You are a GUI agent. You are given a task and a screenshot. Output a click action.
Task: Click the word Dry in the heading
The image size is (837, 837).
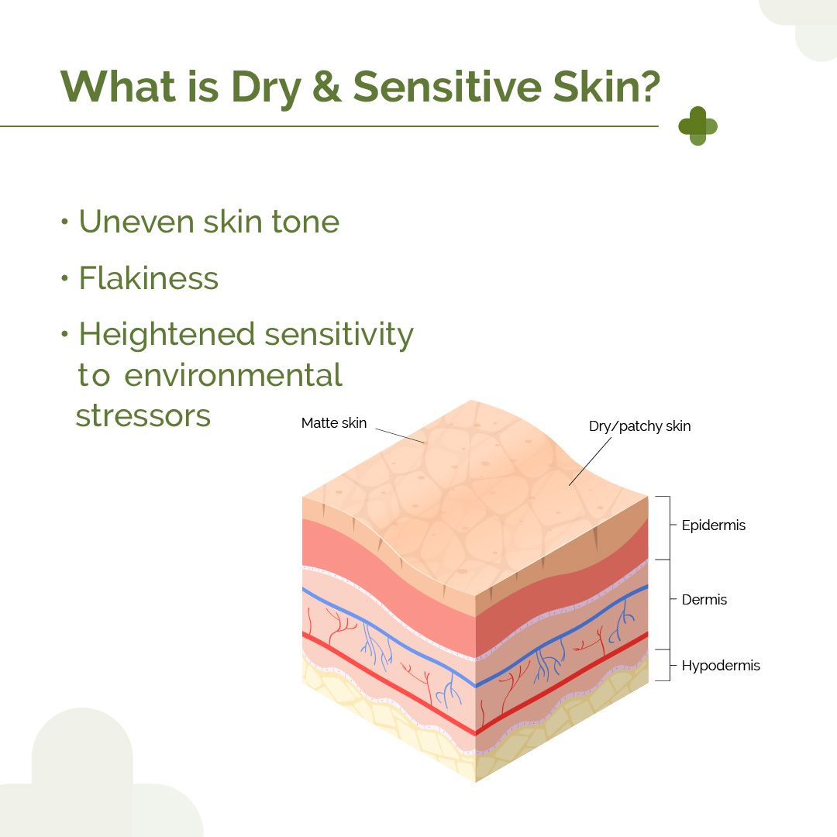pos(266,88)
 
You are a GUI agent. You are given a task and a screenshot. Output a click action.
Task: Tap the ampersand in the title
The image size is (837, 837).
pos(327,86)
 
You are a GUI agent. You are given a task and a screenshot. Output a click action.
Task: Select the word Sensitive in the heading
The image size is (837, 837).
pos(447,86)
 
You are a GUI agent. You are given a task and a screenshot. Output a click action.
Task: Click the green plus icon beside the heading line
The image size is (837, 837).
pos(697,126)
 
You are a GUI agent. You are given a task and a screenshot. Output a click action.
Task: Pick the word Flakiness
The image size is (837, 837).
pos(149,277)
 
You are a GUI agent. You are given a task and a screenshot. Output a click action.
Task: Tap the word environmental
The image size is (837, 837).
pos(233,375)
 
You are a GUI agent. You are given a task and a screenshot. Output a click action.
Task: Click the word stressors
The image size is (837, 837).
pos(143,416)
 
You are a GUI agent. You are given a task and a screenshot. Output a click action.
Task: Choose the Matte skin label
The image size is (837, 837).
pos(333,423)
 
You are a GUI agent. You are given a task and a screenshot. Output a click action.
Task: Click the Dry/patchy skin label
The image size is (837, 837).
pos(639,426)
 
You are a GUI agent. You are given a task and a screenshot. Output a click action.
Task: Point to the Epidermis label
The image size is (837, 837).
pos(713,525)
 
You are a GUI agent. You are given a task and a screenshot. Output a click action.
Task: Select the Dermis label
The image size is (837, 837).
pos(704,599)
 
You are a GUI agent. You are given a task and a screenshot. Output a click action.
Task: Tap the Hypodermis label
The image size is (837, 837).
pos(721,666)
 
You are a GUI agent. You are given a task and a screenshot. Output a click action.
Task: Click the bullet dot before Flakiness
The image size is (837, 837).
pos(64,277)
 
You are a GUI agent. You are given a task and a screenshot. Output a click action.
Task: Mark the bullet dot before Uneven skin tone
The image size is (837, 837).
pos(64,222)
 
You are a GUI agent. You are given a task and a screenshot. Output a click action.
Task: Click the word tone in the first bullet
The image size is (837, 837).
pos(305,222)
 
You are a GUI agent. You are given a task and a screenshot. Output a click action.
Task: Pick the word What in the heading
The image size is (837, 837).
pos(118,86)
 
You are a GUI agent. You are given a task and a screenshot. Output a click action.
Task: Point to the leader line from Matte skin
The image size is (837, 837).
pos(401,436)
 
